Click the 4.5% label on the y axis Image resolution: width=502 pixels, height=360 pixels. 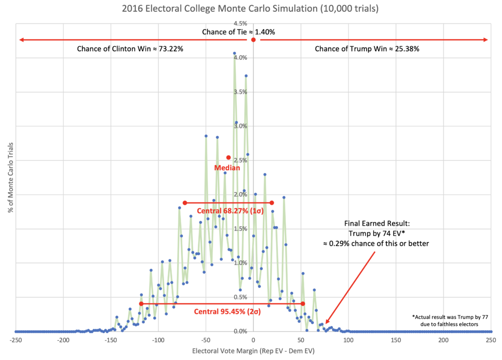point(240,24)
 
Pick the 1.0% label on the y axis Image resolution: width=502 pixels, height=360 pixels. point(240,263)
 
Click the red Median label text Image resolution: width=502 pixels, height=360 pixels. point(227,167)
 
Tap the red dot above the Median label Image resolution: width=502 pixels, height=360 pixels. point(228,157)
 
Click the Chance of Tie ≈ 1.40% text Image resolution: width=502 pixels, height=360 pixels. point(239,32)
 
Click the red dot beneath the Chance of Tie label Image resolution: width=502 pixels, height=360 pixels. point(253,40)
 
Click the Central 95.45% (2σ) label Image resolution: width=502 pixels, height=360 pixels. point(227,311)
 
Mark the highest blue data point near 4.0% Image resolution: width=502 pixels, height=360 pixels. point(234,53)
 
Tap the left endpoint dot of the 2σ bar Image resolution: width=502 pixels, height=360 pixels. point(141,304)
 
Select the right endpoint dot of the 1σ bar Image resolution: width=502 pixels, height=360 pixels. point(272,203)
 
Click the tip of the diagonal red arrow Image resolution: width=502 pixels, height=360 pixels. point(326,324)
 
